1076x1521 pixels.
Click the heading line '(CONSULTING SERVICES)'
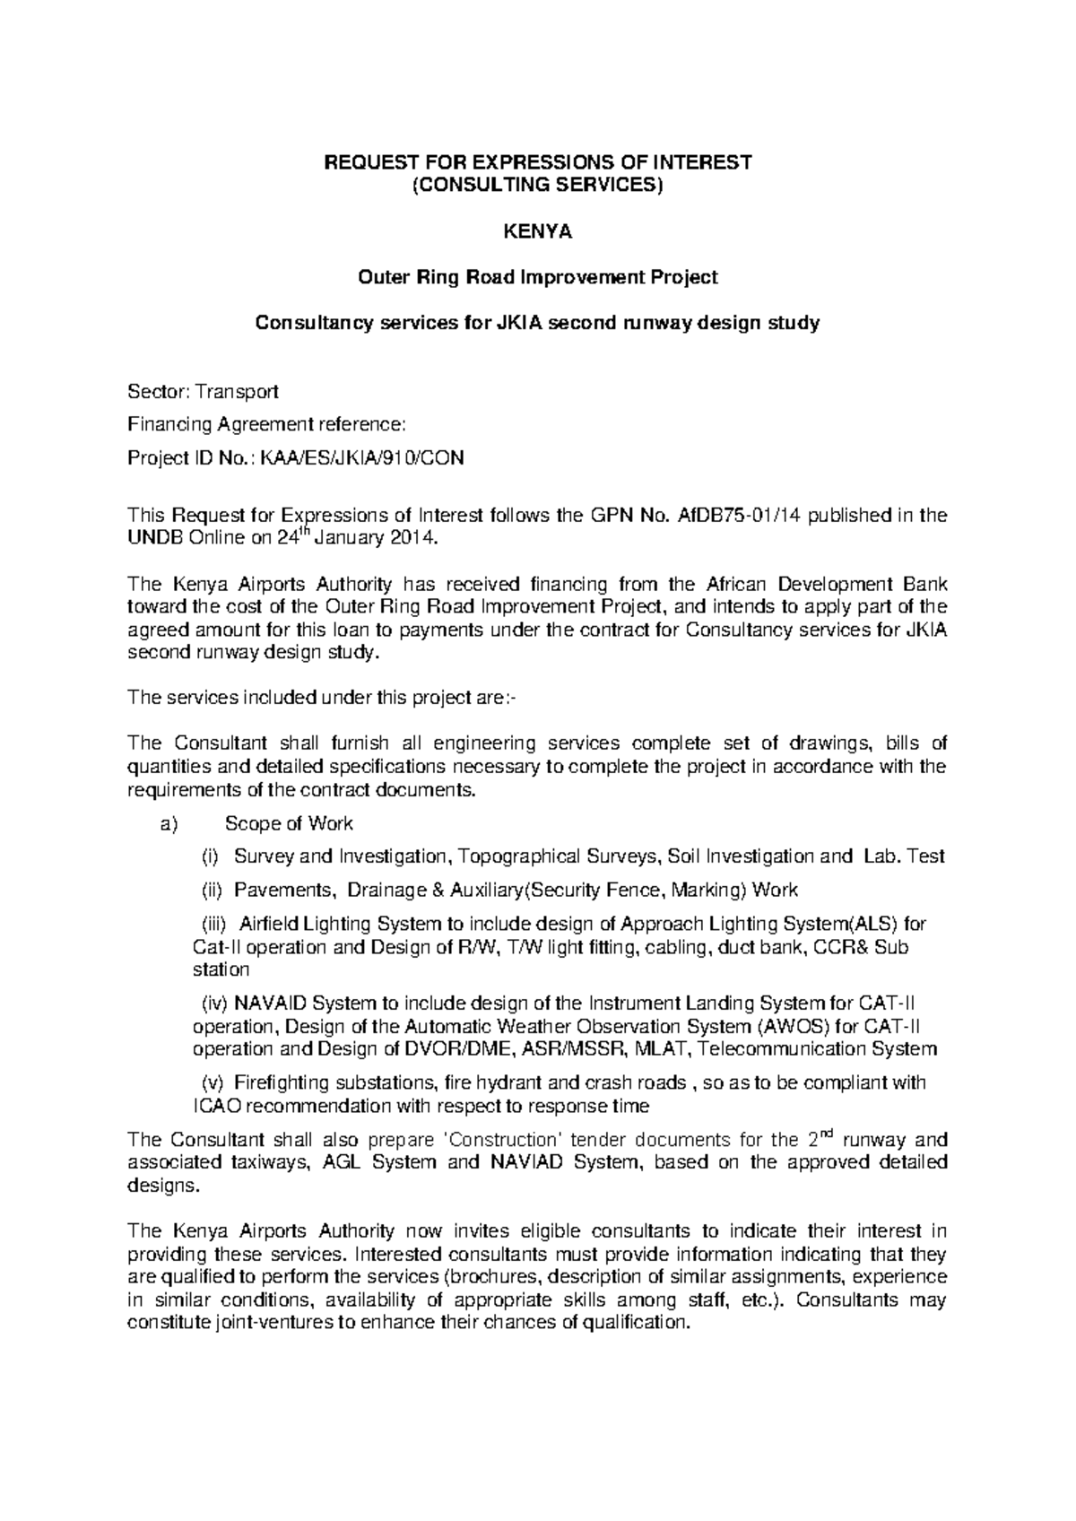coord(537,186)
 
